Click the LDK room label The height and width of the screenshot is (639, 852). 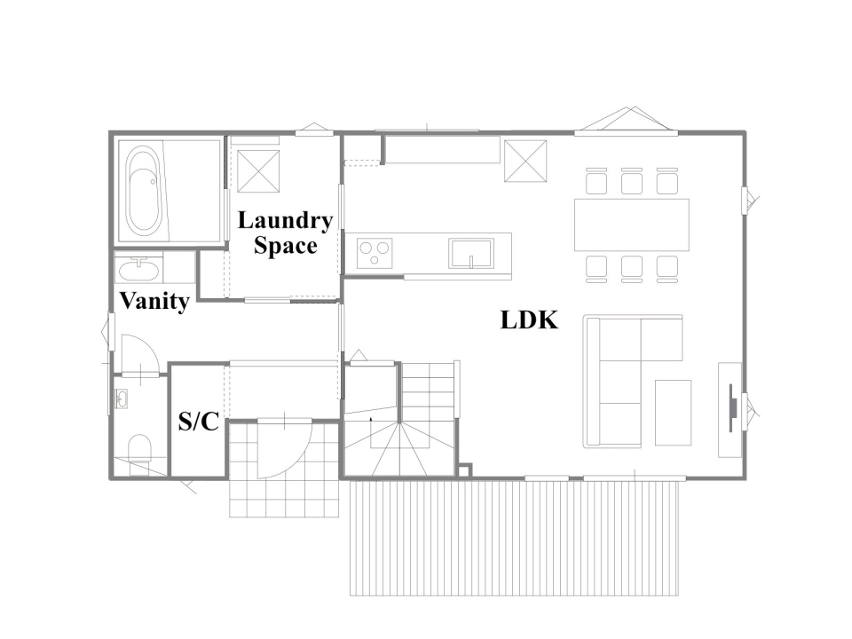[x=529, y=320]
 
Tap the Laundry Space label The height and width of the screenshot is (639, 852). [x=285, y=233]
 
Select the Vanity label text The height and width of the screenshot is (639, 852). [x=154, y=301]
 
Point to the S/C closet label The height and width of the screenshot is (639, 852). [x=198, y=421]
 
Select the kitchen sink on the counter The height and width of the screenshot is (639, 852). [x=471, y=254]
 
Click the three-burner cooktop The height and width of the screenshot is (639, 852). [x=375, y=253]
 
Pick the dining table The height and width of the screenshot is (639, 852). [x=631, y=225]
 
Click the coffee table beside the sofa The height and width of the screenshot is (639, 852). [x=673, y=413]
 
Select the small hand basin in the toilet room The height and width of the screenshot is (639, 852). [x=121, y=399]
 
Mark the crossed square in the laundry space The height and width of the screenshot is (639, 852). [x=258, y=171]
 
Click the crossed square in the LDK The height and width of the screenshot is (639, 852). [x=525, y=161]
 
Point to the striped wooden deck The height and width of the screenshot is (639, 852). [x=515, y=538]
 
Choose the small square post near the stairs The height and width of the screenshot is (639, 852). [x=464, y=470]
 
